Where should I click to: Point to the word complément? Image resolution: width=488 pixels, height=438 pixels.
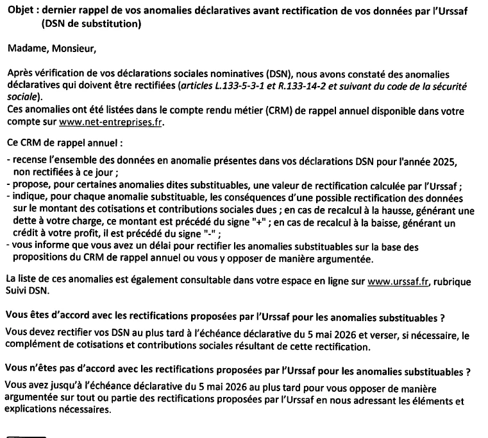[37, 347]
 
